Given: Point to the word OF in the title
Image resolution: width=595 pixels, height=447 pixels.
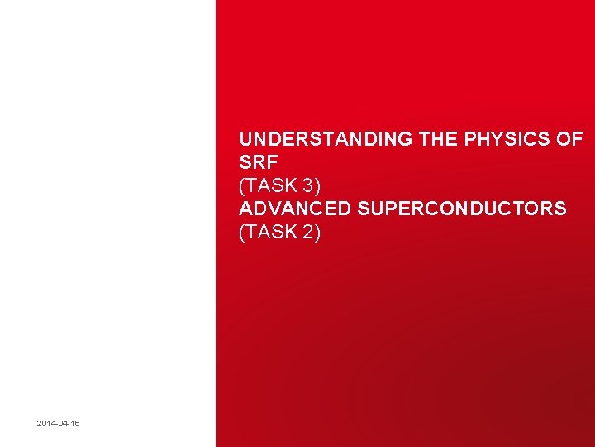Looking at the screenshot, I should coord(569,139).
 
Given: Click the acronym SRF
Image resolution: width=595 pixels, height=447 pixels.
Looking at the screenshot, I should coord(256,162).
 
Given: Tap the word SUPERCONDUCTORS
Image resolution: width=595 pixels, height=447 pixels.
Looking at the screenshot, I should coord(462,209).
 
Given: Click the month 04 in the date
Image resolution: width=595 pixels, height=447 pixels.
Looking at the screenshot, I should coord(63,424).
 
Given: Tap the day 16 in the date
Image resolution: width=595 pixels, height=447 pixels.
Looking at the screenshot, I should coord(74,424).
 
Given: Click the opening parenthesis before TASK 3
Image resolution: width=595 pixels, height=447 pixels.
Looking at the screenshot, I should coord(241,185).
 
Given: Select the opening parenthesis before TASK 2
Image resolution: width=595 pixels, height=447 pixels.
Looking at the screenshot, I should coord(241,232).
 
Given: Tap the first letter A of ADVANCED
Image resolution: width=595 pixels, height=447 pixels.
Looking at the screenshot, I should coord(245,209).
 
